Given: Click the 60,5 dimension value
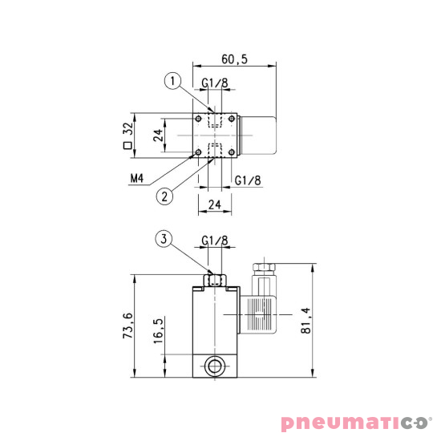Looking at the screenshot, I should tap(234, 59).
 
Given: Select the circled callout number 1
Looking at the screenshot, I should tap(170, 79).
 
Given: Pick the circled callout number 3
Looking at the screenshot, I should tap(164, 238).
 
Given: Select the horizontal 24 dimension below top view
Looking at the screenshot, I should tap(214, 204).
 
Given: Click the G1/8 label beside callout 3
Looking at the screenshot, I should tap(215, 240).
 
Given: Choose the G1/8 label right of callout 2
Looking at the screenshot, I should tap(248, 180).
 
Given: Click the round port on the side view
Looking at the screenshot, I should tap(215, 368).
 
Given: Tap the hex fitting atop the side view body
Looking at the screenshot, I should tap(215, 278).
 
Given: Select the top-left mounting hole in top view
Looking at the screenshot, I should tap(198, 119).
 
